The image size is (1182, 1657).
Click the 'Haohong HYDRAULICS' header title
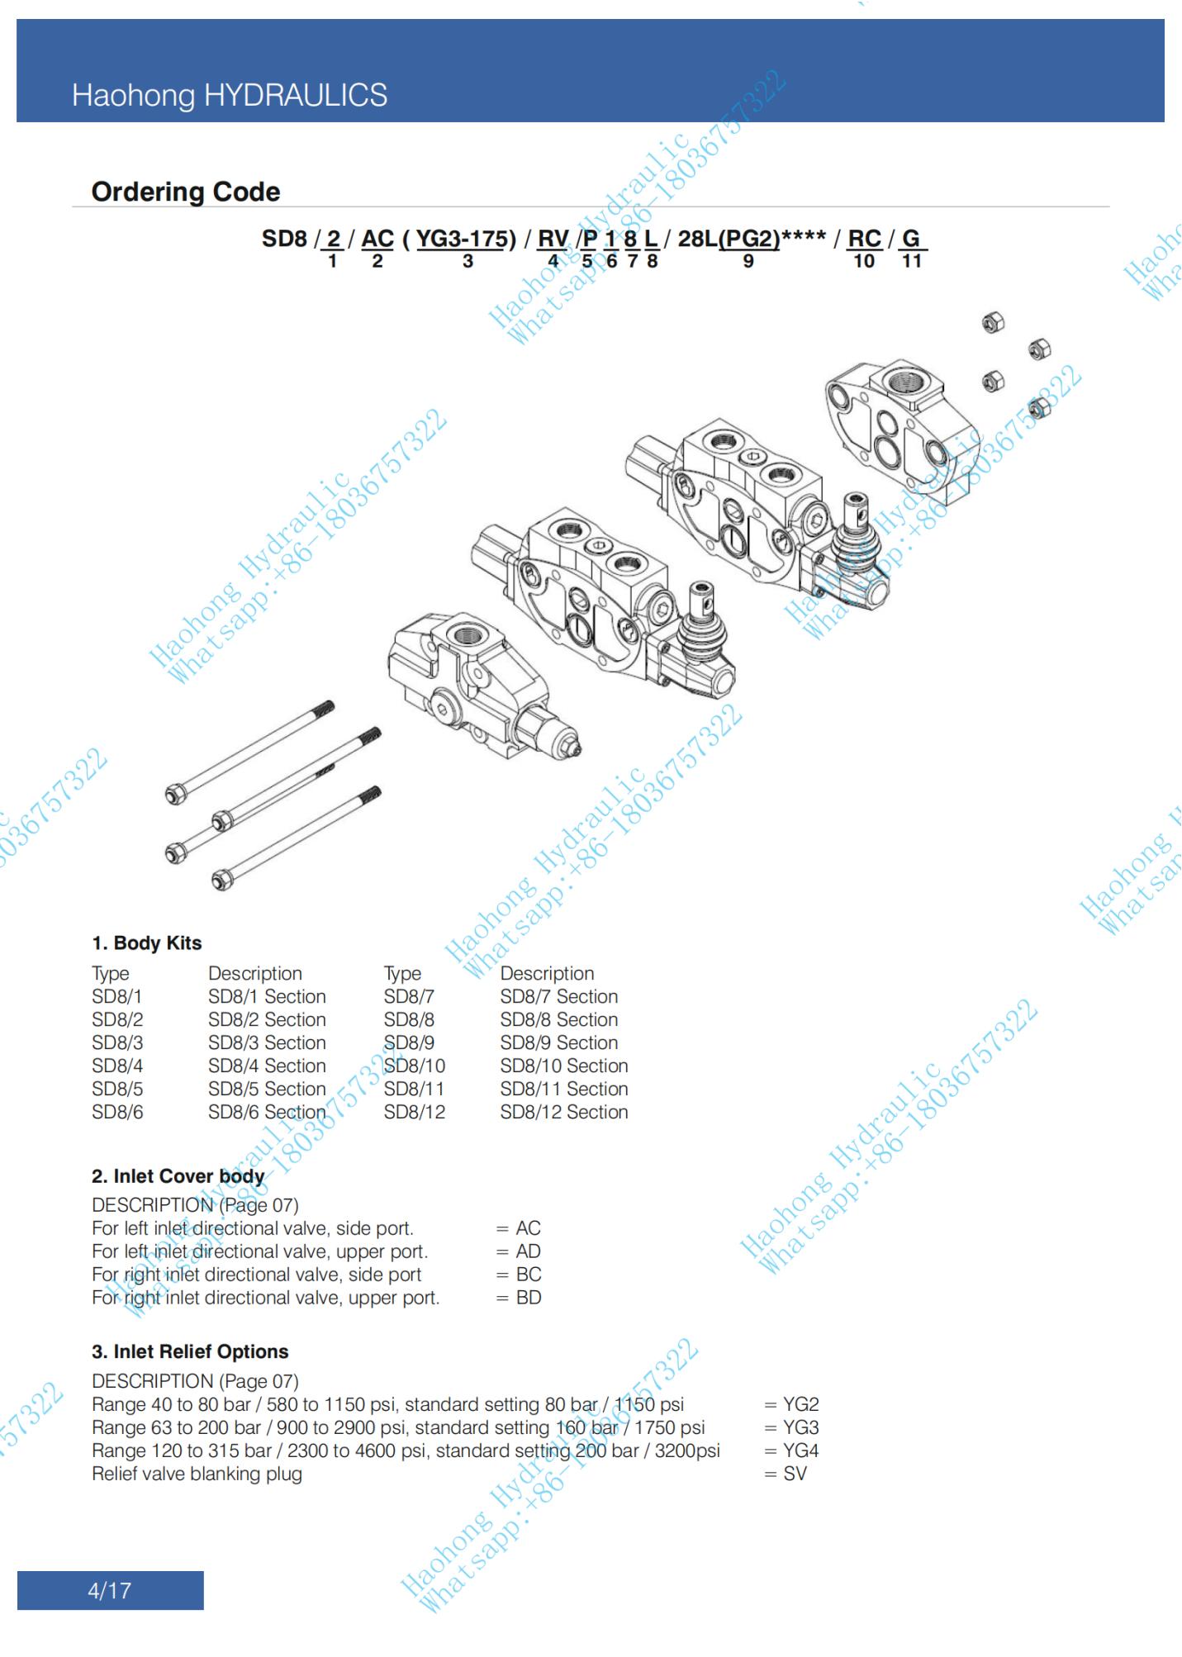tap(229, 96)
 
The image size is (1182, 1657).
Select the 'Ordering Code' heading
tap(185, 192)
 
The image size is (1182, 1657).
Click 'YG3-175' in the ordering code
tap(461, 239)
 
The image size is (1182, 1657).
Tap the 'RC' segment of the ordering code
tap(864, 239)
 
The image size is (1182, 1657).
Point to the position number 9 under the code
tap(748, 262)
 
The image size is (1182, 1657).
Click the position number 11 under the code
tap(911, 262)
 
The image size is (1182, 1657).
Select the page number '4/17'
tap(109, 1590)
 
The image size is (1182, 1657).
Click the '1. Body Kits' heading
tap(146, 943)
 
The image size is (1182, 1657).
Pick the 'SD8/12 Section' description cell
tap(563, 1112)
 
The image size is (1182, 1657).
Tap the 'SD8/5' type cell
tap(117, 1089)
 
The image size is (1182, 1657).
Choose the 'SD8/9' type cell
tap(408, 1042)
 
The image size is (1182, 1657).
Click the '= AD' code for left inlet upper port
tap(519, 1251)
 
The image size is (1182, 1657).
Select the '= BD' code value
tap(519, 1298)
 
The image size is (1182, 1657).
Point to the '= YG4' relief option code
tap(791, 1450)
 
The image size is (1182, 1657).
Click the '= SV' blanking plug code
tap(786, 1474)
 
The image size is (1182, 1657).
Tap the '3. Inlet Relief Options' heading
tap(190, 1352)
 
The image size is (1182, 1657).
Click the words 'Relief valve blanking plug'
tap(197, 1474)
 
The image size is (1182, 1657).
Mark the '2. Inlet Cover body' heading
tap(178, 1176)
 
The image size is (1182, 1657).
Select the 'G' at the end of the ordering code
tap(910, 239)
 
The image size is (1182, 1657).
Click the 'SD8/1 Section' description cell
tap(267, 996)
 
